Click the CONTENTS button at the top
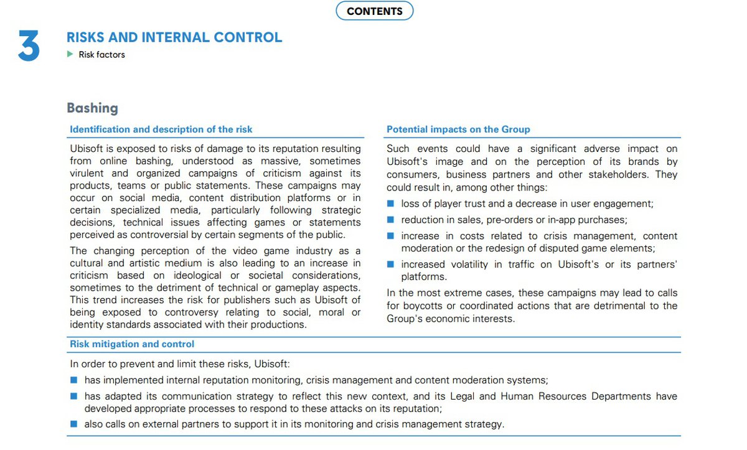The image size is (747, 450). click(x=374, y=11)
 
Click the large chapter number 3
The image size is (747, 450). click(x=29, y=46)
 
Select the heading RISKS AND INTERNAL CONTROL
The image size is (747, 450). click(x=174, y=37)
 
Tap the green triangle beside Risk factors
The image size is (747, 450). click(x=70, y=54)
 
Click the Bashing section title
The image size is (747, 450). click(x=92, y=108)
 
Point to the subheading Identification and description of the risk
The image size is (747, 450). click(x=161, y=129)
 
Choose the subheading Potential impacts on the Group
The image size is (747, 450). click(x=458, y=129)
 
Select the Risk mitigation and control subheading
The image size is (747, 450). click(x=132, y=344)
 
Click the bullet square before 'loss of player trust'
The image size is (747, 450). click(x=390, y=204)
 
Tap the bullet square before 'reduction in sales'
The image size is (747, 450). click(x=390, y=220)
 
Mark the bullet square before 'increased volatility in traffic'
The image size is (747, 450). click(x=390, y=265)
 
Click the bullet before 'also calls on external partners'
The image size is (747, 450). click(x=73, y=424)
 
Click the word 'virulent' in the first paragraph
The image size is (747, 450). click(x=87, y=174)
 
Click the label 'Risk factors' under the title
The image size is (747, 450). click(x=101, y=55)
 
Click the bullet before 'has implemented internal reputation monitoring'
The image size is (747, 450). click(x=73, y=380)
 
